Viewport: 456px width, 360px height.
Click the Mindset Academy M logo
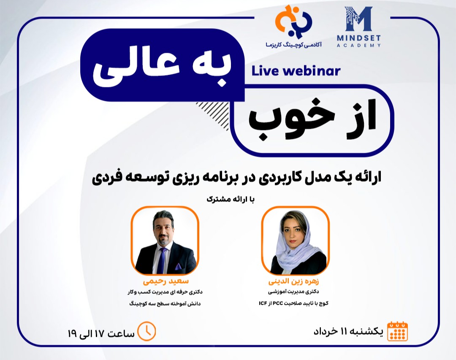coord(358,19)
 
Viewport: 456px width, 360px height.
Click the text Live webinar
coord(296,71)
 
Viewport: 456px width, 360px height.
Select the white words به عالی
coord(161,70)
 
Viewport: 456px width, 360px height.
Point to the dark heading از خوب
coord(312,120)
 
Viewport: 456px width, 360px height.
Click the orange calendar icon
coord(397,331)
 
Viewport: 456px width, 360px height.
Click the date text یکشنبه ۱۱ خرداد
coord(348,332)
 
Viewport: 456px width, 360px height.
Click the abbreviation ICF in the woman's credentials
coord(263,303)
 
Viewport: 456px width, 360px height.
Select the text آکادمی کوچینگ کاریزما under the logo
coord(293,43)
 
